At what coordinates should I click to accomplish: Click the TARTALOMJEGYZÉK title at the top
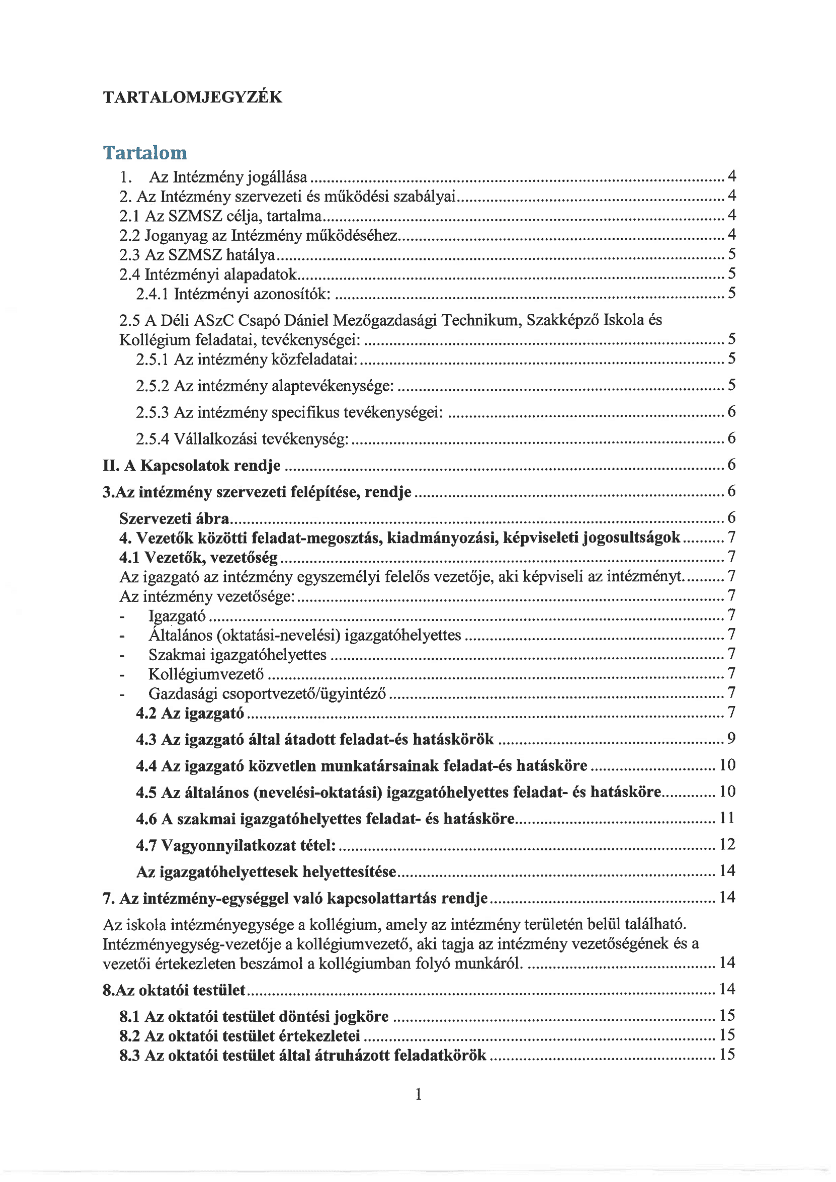click(193, 97)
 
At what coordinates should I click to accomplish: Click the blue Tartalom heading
click(145, 153)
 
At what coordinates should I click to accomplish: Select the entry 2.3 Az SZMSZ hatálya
click(197, 255)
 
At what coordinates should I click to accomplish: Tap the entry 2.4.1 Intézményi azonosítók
click(233, 294)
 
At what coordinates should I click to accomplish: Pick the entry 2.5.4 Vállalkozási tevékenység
click(242, 439)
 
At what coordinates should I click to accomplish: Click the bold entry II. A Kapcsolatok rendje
click(192, 466)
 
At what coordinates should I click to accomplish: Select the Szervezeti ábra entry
click(174, 518)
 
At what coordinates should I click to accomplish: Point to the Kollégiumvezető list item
click(206, 674)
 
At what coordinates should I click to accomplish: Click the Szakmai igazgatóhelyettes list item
click(238, 654)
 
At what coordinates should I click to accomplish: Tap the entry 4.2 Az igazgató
click(190, 713)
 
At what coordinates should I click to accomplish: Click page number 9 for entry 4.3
click(731, 739)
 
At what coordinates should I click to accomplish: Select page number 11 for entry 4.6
click(727, 818)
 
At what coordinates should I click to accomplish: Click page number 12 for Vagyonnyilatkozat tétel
click(727, 844)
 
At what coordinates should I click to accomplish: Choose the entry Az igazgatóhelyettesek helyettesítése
click(266, 872)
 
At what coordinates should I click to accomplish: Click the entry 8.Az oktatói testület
click(174, 990)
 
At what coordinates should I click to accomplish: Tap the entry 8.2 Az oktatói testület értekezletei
click(240, 1035)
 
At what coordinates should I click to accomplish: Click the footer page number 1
click(419, 1094)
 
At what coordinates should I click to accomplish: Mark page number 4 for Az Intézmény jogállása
click(731, 176)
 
